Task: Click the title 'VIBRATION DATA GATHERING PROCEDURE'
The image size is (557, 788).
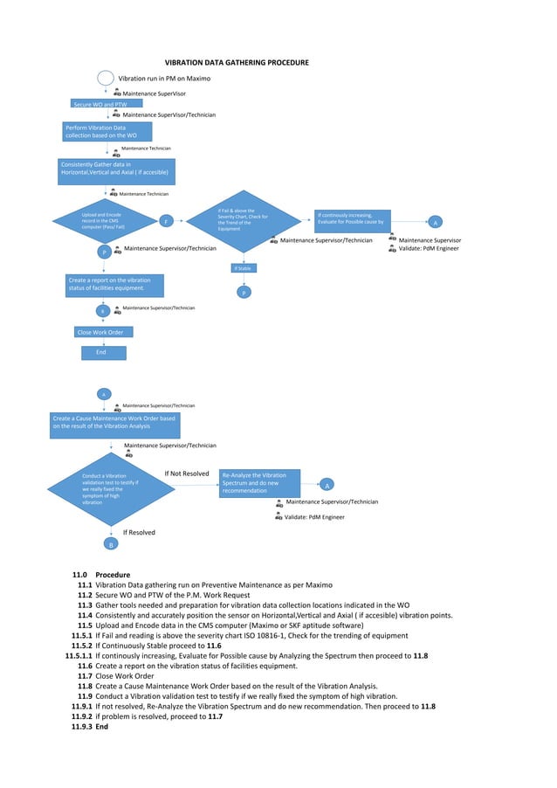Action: pyautogui.click(x=237, y=63)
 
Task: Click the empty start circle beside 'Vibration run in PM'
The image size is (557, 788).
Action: pyautogui.click(x=105, y=78)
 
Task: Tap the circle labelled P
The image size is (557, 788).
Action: pyautogui.click(x=105, y=252)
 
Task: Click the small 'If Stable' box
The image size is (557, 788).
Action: pyautogui.click(x=244, y=268)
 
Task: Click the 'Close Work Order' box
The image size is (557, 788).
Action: pyautogui.click(x=100, y=332)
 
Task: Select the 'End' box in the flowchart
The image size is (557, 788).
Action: pyautogui.click(x=103, y=352)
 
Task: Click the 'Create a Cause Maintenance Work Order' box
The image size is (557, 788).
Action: pyautogui.click(x=115, y=423)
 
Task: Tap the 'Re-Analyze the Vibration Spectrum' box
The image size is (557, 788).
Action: pyautogui.click(x=259, y=483)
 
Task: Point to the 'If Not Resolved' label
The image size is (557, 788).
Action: pyautogui.click(x=187, y=473)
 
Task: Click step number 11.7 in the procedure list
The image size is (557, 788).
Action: pyautogui.click(x=85, y=676)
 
